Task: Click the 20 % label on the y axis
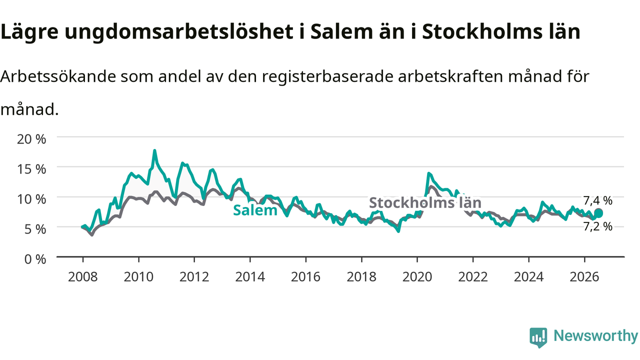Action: pyautogui.click(x=31, y=139)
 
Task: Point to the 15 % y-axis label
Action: pyautogui.click(x=31, y=169)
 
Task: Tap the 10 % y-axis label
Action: pyautogui.click(x=31, y=199)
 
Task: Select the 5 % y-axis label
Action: pyautogui.click(x=35, y=229)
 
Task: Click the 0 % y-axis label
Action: pyautogui.click(x=35, y=259)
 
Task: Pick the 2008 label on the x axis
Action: pyautogui.click(x=83, y=277)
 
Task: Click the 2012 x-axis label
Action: pyautogui.click(x=194, y=277)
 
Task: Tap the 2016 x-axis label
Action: pyautogui.click(x=305, y=277)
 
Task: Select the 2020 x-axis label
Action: pyautogui.click(x=417, y=277)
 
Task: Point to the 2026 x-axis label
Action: pyautogui.click(x=584, y=277)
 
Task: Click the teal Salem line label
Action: pyautogui.click(x=255, y=210)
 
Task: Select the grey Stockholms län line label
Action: pyautogui.click(x=425, y=202)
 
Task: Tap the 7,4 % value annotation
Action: pyautogui.click(x=597, y=200)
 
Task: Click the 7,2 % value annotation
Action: pyautogui.click(x=597, y=226)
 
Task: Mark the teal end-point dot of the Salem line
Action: pyautogui.click(x=598, y=213)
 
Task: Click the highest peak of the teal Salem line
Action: pyautogui.click(x=154, y=150)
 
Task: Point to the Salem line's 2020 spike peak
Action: pyautogui.click(x=428, y=173)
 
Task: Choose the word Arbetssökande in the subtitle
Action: pyautogui.click(x=58, y=76)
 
